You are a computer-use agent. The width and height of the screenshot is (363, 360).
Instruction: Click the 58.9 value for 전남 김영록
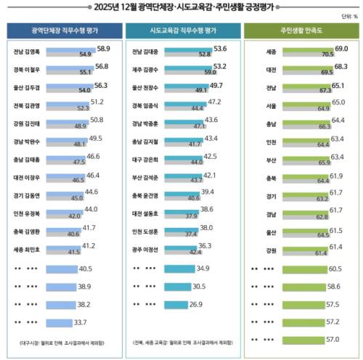coord(103,47)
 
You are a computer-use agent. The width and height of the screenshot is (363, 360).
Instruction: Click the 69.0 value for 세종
coord(341,47)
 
